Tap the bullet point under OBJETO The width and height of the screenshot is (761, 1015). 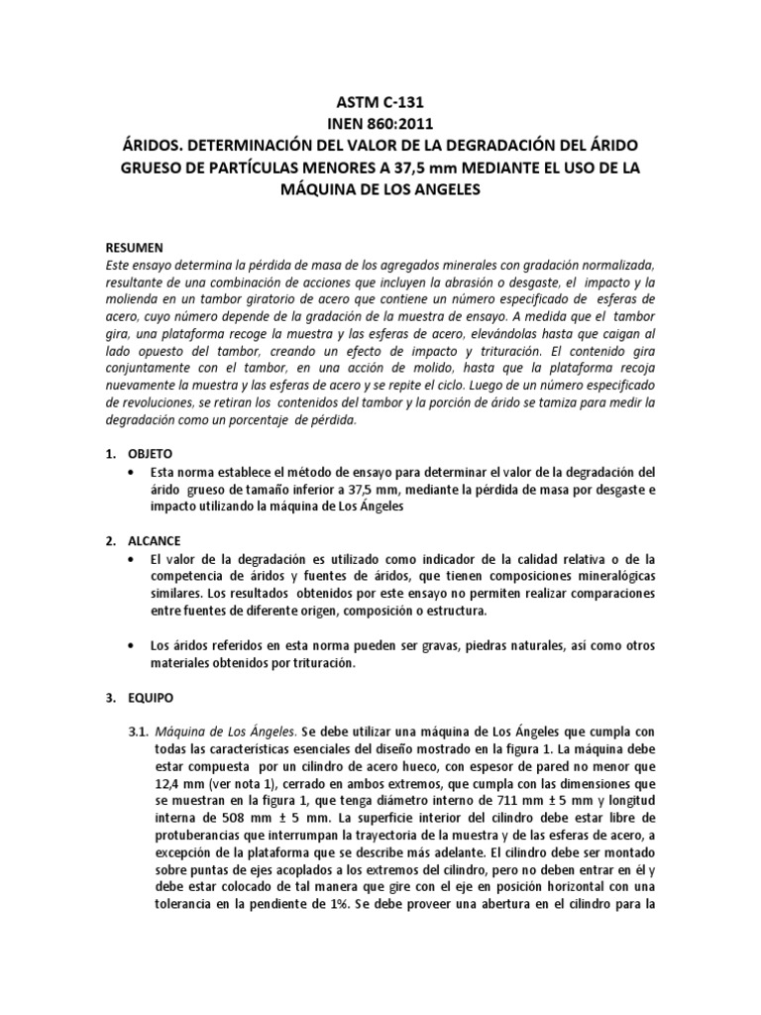tap(132, 471)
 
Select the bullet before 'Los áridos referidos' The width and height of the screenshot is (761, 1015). tap(132, 646)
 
